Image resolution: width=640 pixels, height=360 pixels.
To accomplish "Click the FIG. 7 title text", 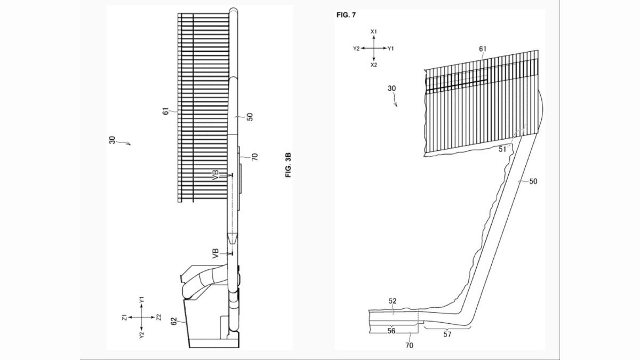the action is pos(346,15).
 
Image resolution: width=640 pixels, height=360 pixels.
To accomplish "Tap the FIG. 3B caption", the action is pos(289,165).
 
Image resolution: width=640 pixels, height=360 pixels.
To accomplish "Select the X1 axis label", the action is pos(374,31).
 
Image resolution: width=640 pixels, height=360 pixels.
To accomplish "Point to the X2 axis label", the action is pos(374,65).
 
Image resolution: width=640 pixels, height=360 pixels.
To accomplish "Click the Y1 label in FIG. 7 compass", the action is pos(390,49).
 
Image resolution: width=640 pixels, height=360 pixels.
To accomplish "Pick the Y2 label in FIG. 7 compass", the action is pos(356,49).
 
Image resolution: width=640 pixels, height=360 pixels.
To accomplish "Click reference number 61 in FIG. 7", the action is pos(483,49).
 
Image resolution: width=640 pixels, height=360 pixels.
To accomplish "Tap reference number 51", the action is pos(502,149).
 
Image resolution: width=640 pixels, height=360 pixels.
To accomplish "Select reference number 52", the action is pos(393,301).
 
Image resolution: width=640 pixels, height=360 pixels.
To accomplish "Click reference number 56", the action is pos(391,331).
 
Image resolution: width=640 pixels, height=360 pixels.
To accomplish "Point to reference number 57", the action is pos(447,334).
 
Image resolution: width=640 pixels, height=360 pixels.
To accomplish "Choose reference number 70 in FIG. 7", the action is pos(410,346).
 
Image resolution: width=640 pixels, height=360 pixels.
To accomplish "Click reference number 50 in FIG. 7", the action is pos(533,181).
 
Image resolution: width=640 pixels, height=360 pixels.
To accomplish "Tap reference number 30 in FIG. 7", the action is pos(391,89).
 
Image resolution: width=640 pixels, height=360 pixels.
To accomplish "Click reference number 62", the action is pos(174,321).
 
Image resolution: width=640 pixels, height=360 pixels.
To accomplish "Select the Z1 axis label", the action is pos(125,317).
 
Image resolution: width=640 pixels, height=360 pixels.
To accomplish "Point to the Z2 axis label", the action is pos(159,317).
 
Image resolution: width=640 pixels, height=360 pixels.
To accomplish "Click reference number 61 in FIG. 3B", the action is pos(166,111).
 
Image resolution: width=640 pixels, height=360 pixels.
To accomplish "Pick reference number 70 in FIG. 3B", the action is pos(254,157).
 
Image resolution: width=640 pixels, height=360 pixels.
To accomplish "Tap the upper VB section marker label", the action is pos(215,174).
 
